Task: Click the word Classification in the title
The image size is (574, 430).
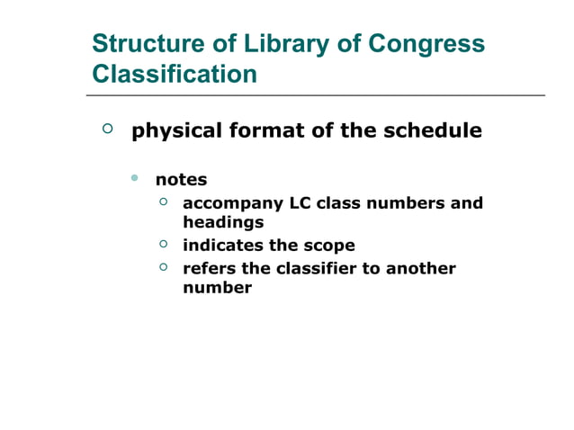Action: [175, 74]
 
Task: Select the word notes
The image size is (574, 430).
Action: [181, 180]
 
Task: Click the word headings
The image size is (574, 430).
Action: [223, 222]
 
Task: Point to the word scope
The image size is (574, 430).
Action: [327, 246]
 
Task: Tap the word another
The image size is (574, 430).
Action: [421, 269]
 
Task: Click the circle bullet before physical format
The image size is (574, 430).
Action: [108, 130]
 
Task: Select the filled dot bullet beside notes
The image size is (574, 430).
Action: [135, 178]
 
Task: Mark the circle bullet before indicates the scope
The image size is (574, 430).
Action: [164, 244]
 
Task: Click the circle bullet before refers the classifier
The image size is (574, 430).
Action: [164, 267]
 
